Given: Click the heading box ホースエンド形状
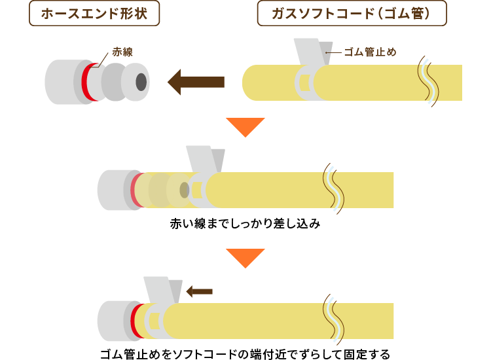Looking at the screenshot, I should [94, 14].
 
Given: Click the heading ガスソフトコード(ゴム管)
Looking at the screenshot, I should [352, 14].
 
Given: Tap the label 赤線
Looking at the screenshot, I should [122, 51].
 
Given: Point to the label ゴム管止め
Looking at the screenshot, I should [371, 52].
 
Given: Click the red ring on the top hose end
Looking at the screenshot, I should [86, 82].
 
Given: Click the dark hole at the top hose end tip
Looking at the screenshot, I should [141, 82].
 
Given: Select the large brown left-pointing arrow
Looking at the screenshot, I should [196, 82].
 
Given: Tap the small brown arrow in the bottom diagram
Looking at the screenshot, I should [199, 291].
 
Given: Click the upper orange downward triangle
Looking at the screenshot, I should [245, 126].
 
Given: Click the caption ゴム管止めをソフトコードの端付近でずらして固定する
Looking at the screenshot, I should [245, 354].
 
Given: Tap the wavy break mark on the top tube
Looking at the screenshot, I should [429, 81].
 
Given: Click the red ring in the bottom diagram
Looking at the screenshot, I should [136, 320].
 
